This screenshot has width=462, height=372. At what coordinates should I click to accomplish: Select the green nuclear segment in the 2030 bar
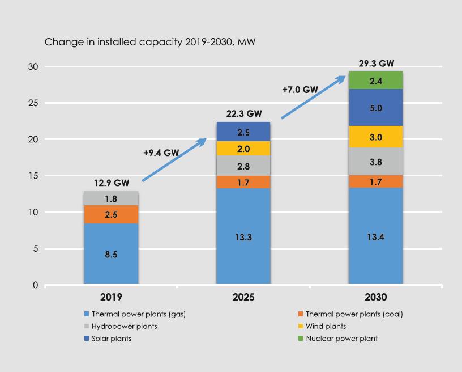pos(375,81)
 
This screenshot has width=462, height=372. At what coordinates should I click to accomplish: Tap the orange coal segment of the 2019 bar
pos(111,214)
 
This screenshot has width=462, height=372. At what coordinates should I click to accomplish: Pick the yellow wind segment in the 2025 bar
pos(243,148)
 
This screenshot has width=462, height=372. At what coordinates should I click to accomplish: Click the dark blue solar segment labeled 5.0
pos(375,108)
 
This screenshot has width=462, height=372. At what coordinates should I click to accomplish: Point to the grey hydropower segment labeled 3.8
pos(375,161)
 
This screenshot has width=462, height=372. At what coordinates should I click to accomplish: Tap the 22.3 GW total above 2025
pos(243,113)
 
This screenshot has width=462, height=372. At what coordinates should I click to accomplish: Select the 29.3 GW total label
pos(375,63)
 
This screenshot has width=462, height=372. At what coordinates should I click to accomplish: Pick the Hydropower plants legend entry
pos(124,326)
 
